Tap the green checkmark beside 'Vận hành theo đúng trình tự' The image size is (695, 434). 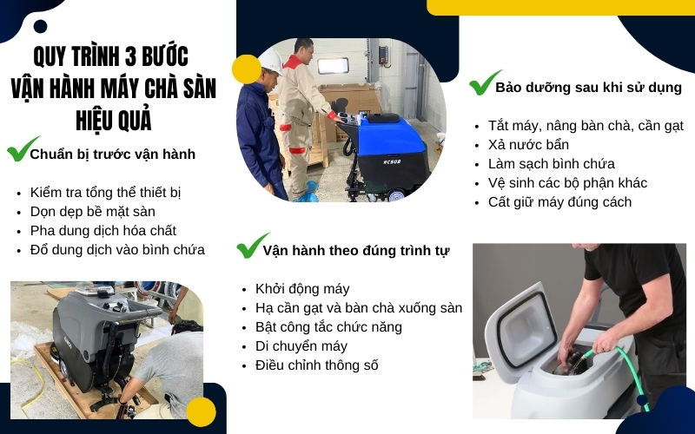coord(253,246)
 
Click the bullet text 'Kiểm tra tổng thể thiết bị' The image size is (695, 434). coord(105,192)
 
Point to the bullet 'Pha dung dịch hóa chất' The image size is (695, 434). coord(103,230)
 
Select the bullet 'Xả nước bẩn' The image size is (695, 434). coord(528,144)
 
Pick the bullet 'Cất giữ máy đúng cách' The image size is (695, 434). coord(559,201)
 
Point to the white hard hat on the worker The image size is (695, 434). coord(271,60)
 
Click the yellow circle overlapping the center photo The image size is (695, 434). coord(247,69)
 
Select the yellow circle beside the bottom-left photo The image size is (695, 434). coord(201,411)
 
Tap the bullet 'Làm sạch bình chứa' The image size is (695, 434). coord(552,163)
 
